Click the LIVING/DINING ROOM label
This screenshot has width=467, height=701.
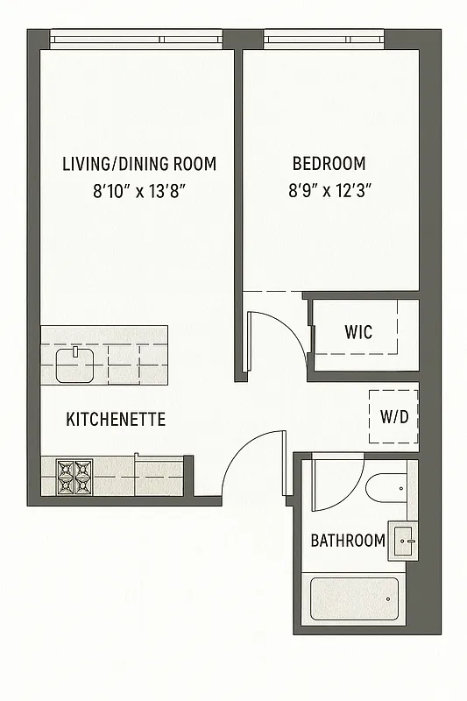point(139,164)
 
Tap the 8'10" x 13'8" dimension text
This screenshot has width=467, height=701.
point(139,192)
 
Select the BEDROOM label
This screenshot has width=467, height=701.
point(329,164)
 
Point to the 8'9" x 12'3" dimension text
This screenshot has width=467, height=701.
point(331,192)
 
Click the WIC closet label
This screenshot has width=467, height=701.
point(357,332)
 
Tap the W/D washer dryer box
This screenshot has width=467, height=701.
point(393,416)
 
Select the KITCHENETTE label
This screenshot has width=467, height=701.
point(116,420)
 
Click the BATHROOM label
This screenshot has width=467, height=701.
point(348,541)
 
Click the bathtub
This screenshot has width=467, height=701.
point(354,598)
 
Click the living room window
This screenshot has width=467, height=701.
point(136,39)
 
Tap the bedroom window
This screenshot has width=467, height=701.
point(323,39)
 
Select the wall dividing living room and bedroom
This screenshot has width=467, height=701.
point(238,210)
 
